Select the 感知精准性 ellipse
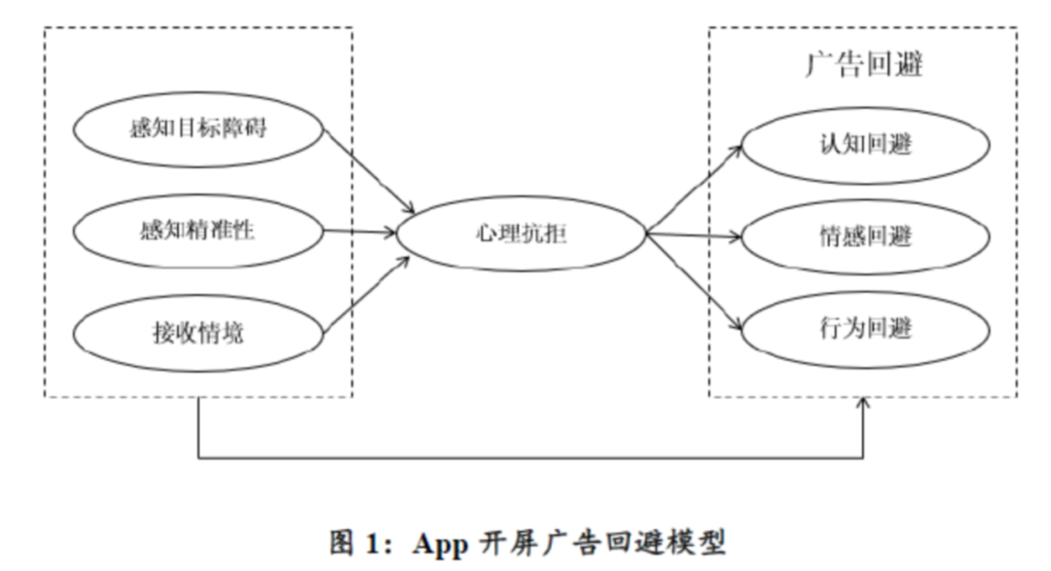click(198, 231)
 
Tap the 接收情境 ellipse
click(198, 333)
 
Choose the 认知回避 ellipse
click(865, 145)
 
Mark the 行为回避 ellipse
click(865, 328)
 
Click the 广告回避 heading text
click(864, 65)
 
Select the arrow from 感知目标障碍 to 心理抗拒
click(370, 172)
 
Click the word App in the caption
click(443, 542)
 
